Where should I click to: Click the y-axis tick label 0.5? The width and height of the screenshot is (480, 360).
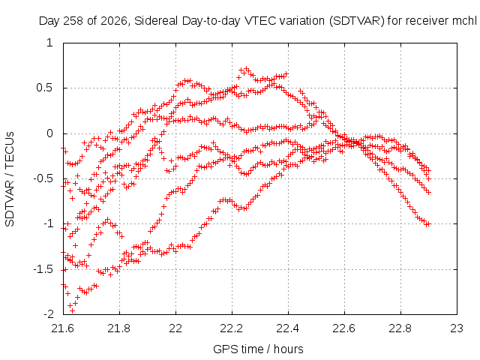click(44, 88)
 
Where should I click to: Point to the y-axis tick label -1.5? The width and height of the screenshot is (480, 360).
click(43, 270)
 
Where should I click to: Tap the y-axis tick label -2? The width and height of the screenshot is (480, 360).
click(48, 314)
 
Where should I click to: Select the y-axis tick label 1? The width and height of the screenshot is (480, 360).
click(50, 43)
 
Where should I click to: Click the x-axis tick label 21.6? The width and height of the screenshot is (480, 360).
click(63, 328)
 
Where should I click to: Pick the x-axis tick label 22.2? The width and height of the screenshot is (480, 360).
click(232, 328)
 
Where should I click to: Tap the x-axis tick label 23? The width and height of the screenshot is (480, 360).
click(457, 328)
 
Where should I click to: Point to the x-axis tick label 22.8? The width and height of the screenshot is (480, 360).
click(400, 328)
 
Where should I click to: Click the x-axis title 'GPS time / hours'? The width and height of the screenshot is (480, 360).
click(258, 349)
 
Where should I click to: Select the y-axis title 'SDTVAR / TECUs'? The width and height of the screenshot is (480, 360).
click(10, 179)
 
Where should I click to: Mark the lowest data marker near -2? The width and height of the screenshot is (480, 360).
click(73, 310)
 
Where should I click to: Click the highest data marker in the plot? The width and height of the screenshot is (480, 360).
click(247, 68)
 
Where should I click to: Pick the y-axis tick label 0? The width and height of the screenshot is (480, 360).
click(50, 133)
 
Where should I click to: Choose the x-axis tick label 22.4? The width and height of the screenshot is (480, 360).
click(288, 328)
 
